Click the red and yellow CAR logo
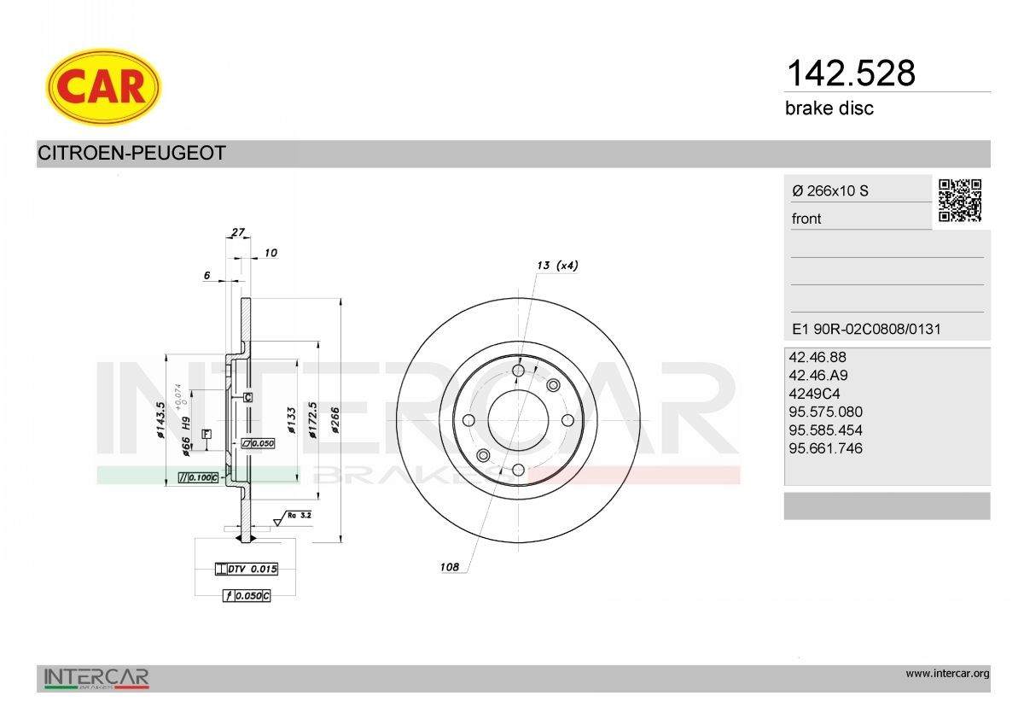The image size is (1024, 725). click(x=103, y=86)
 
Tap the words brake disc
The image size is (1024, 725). click(x=829, y=108)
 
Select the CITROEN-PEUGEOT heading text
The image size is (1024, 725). click(x=131, y=154)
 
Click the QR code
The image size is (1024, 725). click(x=960, y=201)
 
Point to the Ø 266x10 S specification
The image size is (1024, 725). click(x=829, y=191)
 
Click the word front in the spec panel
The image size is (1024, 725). click(x=806, y=219)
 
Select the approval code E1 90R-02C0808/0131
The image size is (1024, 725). click(x=866, y=329)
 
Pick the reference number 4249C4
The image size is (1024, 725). click(x=816, y=394)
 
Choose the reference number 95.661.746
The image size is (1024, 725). click(x=826, y=448)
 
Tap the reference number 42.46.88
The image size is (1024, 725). click(x=817, y=358)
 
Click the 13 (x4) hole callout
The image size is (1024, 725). click(x=557, y=266)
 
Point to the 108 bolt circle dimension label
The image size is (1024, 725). click(x=449, y=567)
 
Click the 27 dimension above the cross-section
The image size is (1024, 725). click(x=238, y=231)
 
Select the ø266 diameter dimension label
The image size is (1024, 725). click(x=335, y=420)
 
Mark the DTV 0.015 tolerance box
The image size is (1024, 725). click(x=247, y=569)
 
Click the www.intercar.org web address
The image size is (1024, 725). click(x=947, y=674)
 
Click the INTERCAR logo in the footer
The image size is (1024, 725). click(x=96, y=678)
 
